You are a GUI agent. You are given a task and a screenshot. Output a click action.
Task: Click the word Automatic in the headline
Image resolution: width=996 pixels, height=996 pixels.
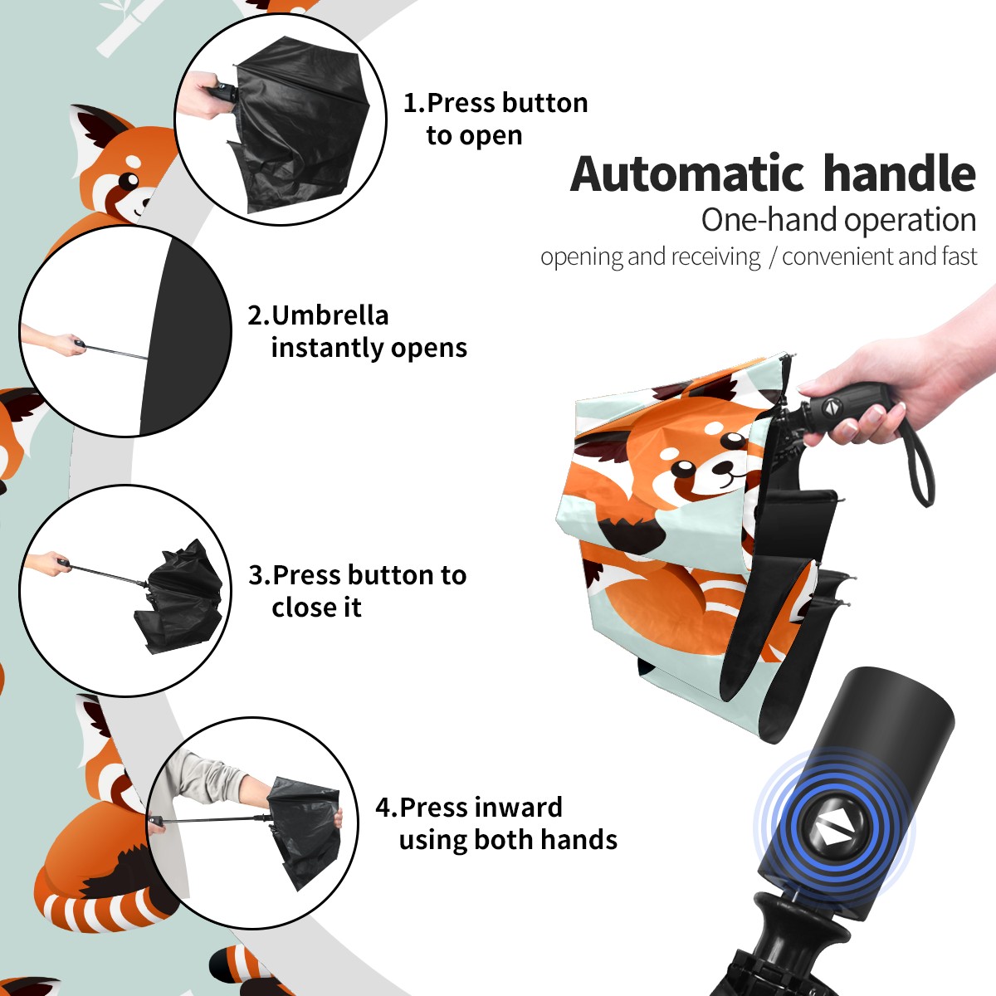[687, 174]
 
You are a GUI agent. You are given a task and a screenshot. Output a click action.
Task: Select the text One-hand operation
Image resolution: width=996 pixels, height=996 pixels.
[838, 221]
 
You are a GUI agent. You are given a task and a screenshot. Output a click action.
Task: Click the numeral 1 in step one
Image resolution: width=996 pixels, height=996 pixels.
[409, 103]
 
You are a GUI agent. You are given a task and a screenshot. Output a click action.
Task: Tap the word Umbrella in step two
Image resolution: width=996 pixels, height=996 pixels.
[330, 315]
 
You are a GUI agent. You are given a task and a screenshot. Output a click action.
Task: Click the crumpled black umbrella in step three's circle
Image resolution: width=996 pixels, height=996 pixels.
[178, 596]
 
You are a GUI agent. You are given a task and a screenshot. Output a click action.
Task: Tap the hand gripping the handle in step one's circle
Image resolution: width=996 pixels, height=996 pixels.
[199, 94]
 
